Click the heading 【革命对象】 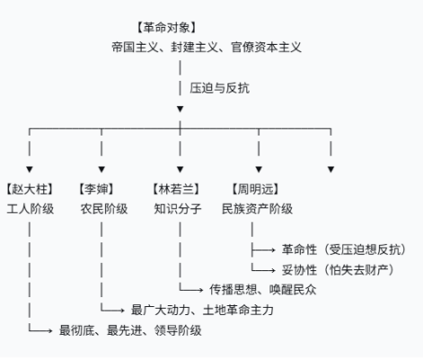(166, 28)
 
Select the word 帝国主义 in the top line (135, 48)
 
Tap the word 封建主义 (195, 48)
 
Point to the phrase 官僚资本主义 (266, 48)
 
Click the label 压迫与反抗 (219, 88)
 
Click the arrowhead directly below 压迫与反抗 (180, 109)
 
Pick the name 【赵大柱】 (30, 189)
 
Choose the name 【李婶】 (96, 189)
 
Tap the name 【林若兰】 (176, 189)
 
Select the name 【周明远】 (255, 189)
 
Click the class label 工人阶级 (31, 209)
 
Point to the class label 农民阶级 (104, 209)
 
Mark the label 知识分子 (178, 209)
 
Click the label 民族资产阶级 (257, 209)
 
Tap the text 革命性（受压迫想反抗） (344, 250)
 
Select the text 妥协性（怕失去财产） (338, 270)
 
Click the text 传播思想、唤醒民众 (263, 290)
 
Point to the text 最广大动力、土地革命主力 (202, 310)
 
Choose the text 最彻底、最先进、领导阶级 (130, 330)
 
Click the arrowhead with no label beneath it (330, 170)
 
